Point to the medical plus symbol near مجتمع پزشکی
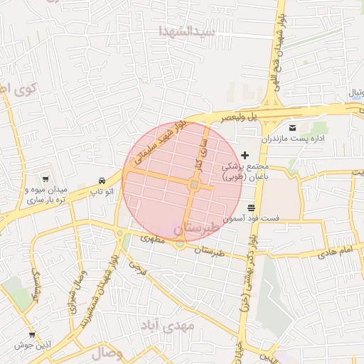click(x=245, y=155)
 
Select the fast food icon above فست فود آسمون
click(x=252, y=208)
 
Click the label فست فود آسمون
click(x=252, y=219)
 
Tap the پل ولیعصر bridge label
click(x=237, y=118)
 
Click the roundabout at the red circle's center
click(x=194, y=185)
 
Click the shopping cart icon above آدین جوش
click(x=31, y=334)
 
